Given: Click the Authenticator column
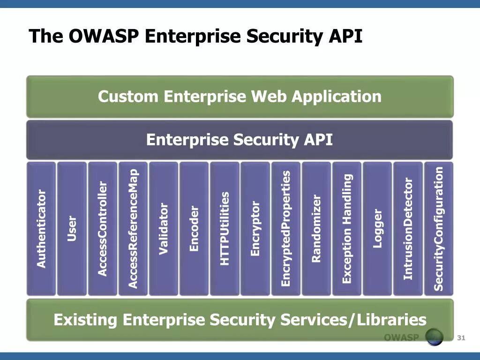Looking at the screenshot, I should pyautogui.click(x=42, y=229).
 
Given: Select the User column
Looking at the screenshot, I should pyautogui.click(x=72, y=229).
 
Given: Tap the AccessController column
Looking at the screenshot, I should pyautogui.click(x=103, y=229).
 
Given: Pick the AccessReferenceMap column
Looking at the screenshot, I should pyautogui.click(x=133, y=229).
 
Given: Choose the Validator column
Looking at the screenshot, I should pyautogui.click(x=164, y=229).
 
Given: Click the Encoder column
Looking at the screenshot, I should pyautogui.click(x=194, y=229).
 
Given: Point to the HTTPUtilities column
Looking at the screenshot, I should pyautogui.click(x=225, y=229).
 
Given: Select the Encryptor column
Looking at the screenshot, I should pyautogui.click(x=255, y=229).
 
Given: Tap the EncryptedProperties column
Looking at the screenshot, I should pyautogui.click(x=285, y=229).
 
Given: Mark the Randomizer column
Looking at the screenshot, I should pyautogui.click(x=316, y=229).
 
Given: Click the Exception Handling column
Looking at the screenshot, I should pyautogui.click(x=347, y=229).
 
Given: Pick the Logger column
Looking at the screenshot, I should pyautogui.click(x=377, y=229).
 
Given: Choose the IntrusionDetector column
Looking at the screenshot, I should pyautogui.click(x=408, y=229).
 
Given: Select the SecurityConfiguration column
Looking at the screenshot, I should pyautogui.click(x=439, y=229).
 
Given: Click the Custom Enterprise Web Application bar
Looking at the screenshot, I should pyautogui.click(x=240, y=97).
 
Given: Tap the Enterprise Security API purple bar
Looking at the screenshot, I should pyautogui.click(x=240, y=140).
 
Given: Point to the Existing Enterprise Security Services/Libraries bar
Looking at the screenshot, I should pyautogui.click(x=240, y=320).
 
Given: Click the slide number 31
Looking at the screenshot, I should pyautogui.click(x=461, y=338).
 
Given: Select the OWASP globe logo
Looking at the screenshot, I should pyautogui.click(x=434, y=337).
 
